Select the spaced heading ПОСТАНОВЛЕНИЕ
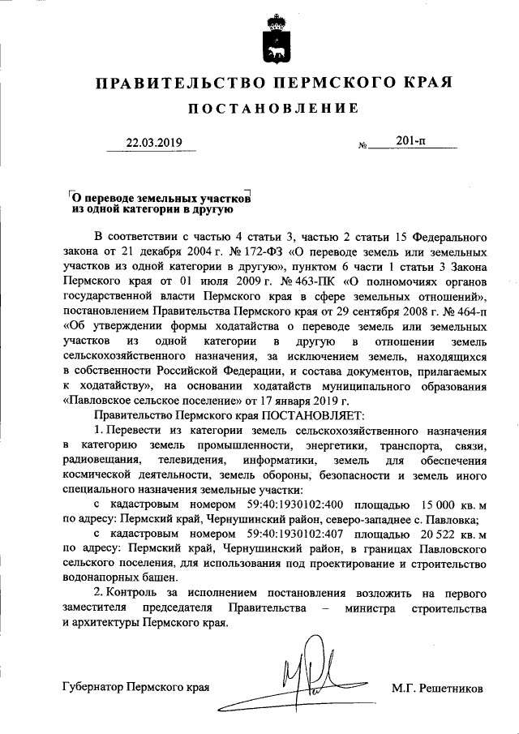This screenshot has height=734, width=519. click(x=273, y=109)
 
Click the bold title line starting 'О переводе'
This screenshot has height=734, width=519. click(x=160, y=197)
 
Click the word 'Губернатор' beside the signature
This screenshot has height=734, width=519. click(x=95, y=688)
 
